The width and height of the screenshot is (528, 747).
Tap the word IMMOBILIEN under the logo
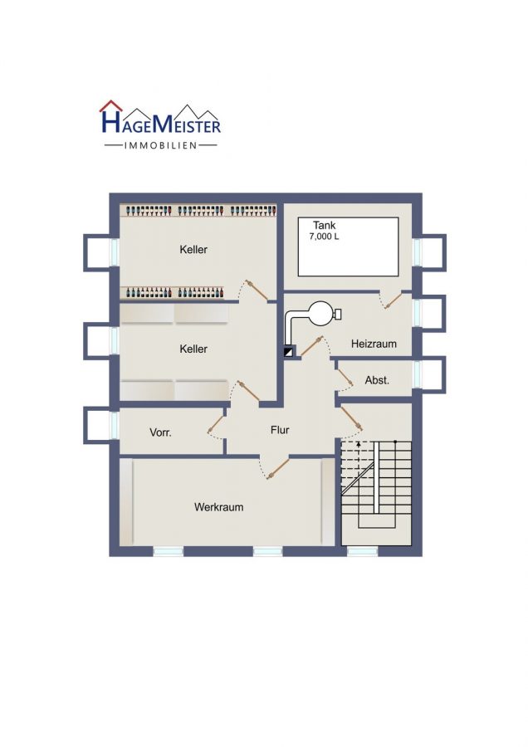[x=160, y=145]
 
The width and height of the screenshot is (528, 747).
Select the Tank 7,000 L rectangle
[x=348, y=247]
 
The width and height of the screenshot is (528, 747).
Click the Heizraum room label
[x=374, y=344]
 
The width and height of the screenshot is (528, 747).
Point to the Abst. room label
[x=377, y=380]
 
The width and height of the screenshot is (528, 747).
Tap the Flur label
[x=280, y=430]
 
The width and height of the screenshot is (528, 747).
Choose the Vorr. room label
[x=160, y=433]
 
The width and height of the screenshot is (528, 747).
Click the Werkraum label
[x=218, y=507]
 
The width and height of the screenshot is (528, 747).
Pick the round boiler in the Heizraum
[x=318, y=314]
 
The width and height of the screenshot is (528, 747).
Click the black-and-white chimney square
[x=289, y=352]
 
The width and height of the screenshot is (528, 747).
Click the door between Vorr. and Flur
[x=215, y=423]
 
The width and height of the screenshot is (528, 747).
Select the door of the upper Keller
[x=255, y=290]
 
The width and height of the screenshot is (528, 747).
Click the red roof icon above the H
[x=110, y=105]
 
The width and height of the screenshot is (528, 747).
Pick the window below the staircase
[x=362, y=551]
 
